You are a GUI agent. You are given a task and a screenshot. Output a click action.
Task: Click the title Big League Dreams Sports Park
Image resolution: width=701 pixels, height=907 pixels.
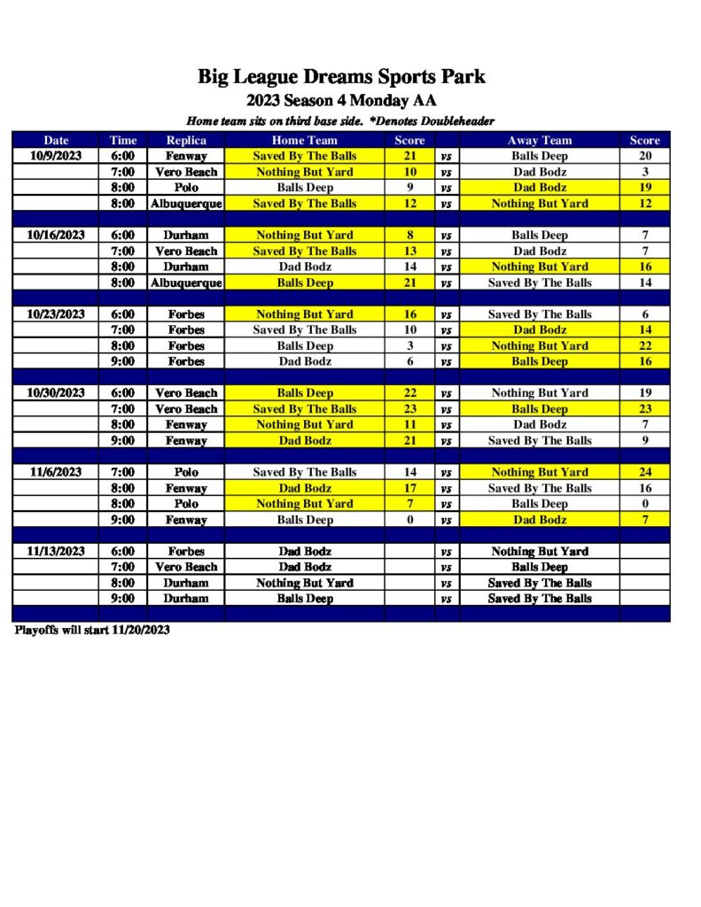341,77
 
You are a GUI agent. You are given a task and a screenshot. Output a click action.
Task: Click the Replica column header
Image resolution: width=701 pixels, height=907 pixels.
186,140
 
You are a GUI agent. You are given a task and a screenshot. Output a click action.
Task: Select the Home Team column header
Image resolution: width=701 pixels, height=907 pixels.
304,140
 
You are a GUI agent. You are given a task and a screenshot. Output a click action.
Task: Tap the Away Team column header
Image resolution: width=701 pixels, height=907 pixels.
539,140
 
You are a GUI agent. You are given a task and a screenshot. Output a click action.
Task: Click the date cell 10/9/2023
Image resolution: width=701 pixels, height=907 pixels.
56,156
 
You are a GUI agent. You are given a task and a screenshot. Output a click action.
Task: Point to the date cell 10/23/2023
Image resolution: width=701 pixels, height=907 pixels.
56,314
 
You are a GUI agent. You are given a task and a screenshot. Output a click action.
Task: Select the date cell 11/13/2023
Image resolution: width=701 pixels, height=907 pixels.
56,551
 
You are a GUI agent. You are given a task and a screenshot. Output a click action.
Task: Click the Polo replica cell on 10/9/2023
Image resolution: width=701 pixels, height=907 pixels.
186,188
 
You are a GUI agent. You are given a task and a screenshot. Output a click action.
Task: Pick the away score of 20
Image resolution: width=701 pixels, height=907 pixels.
645,156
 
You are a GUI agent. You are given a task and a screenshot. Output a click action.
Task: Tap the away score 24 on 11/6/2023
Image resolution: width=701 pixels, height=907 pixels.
645,472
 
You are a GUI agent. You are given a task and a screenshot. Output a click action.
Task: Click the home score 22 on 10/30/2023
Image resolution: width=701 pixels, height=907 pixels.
409,392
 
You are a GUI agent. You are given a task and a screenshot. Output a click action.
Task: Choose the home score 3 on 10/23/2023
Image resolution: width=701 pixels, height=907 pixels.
409,345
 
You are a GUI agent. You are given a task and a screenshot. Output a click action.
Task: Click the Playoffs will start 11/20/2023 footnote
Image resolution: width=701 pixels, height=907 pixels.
92,631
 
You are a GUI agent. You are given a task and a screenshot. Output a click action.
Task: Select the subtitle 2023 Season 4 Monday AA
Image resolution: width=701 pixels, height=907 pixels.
341,100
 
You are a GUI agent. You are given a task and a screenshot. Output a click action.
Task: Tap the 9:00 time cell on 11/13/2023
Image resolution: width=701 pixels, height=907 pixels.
122,599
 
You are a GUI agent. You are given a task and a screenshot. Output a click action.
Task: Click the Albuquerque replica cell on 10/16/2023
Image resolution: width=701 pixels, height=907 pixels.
186,283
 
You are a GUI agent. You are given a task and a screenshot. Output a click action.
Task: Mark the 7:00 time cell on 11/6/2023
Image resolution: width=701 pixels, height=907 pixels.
122,472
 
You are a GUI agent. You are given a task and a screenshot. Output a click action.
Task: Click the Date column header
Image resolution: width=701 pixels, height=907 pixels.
56,140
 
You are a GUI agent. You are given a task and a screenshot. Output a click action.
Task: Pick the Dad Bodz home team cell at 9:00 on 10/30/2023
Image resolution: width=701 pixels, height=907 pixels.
304,440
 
